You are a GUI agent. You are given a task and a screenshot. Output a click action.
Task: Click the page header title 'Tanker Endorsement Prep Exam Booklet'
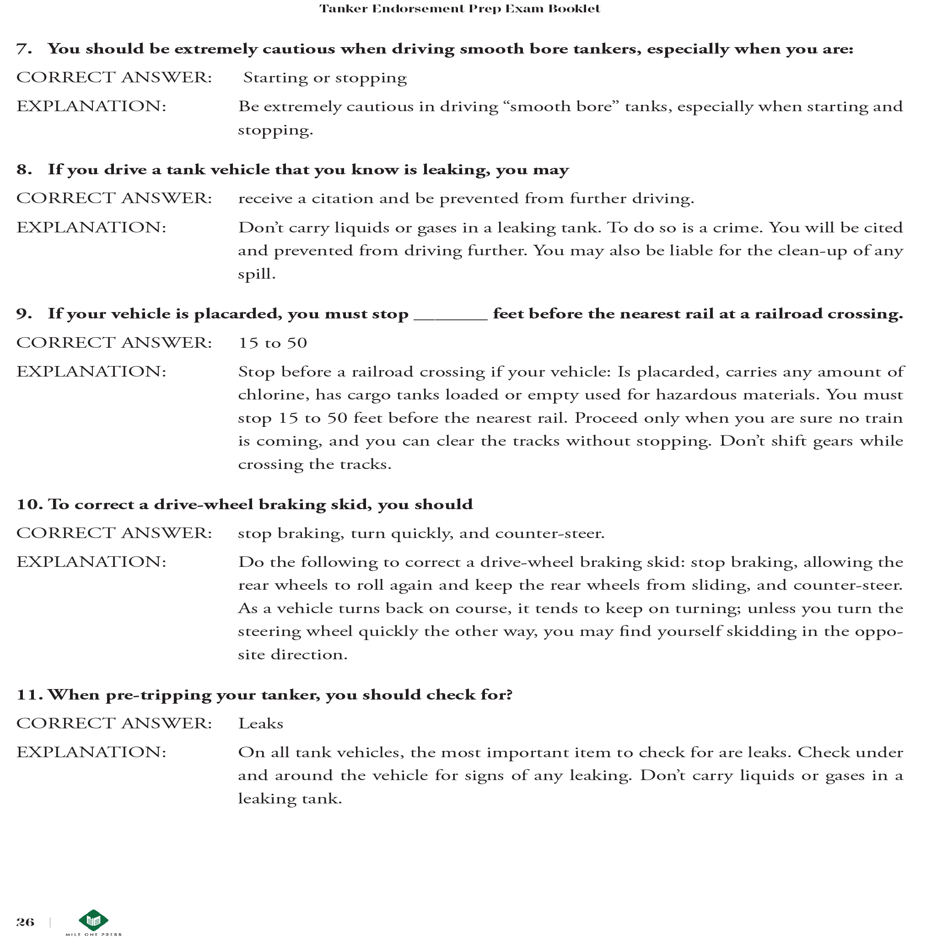click(x=459, y=9)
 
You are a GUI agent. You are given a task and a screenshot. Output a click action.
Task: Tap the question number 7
click(x=24, y=49)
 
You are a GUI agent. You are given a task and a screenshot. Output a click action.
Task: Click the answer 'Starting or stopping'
click(x=324, y=78)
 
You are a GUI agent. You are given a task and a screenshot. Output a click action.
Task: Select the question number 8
click(x=24, y=169)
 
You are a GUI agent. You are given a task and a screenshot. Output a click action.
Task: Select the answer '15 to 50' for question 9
click(x=273, y=343)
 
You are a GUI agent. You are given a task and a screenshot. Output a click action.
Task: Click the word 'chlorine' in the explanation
click(x=273, y=395)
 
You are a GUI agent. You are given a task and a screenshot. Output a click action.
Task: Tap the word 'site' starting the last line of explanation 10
click(x=251, y=655)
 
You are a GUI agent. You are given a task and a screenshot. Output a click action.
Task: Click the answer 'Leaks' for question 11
click(x=260, y=724)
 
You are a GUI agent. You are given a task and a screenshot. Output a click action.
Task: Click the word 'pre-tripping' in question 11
click(x=159, y=695)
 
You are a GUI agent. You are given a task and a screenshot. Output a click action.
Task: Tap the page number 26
click(x=25, y=922)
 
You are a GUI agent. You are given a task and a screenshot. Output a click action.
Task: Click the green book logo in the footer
click(x=93, y=920)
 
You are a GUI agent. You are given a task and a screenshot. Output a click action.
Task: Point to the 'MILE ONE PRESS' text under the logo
click(x=94, y=934)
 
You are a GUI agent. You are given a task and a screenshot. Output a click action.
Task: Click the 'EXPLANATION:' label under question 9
click(x=91, y=372)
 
